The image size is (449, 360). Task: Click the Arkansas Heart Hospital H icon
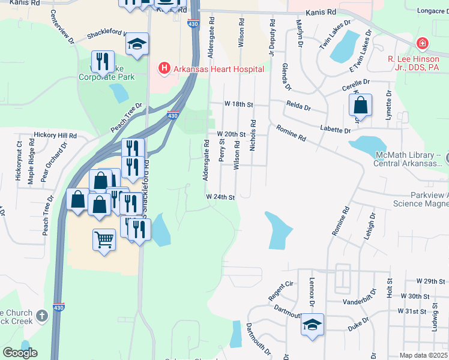point(163,69)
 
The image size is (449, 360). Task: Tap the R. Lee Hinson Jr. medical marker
point(423,44)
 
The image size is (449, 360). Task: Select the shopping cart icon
point(104,240)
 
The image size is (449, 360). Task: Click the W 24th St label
point(220,197)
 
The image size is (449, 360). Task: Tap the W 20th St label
point(232,134)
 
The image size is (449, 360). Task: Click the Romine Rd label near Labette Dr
point(291,133)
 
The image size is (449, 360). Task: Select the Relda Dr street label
point(298,108)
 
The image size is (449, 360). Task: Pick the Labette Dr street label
point(335,130)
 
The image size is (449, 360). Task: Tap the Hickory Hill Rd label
point(55,136)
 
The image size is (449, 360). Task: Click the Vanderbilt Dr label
point(359,302)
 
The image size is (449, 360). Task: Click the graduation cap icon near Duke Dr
point(312,325)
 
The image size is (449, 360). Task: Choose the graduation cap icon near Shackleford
point(137,44)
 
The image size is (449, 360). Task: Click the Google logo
point(20,353)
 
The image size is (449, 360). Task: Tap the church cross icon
point(41,315)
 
